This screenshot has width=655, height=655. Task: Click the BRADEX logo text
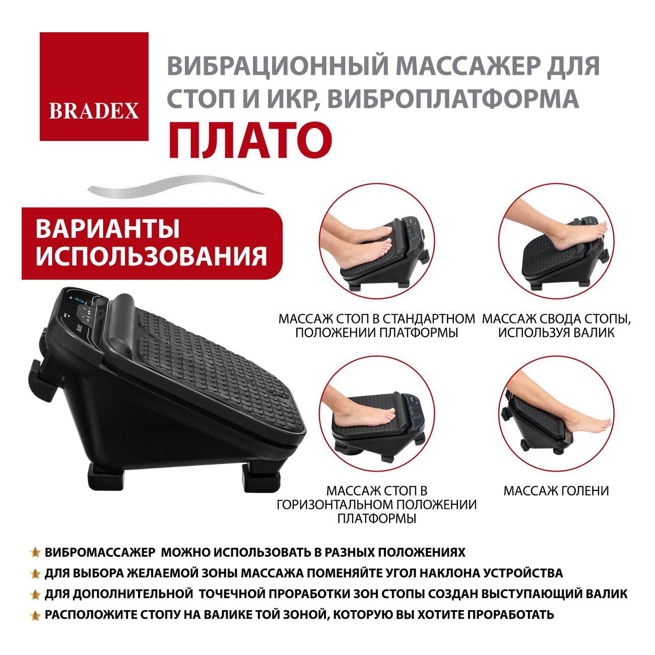coord(94,111)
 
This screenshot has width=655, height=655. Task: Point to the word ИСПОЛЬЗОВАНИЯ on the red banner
coord(151,255)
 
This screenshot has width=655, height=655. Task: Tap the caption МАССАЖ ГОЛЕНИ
coord(556,491)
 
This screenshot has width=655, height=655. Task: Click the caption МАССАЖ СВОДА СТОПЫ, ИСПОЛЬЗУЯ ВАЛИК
coord(556,325)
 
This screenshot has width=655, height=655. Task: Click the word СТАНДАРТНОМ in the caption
coord(429,319)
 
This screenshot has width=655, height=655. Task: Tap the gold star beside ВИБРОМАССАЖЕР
coord(35,552)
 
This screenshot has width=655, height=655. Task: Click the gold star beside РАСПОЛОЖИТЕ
coord(35,615)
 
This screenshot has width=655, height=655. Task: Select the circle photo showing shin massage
coord(556,414)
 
